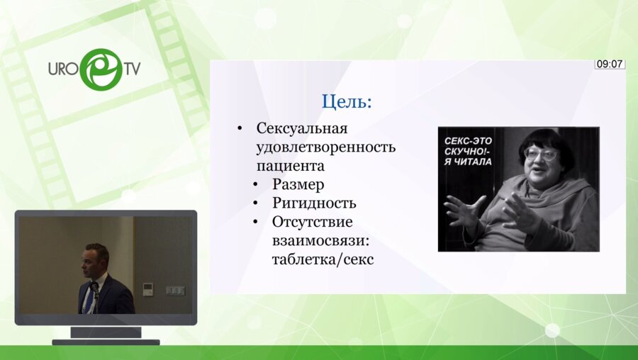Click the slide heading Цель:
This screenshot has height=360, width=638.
click(x=346, y=101)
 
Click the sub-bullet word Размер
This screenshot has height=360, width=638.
click(x=298, y=185)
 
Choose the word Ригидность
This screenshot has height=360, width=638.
click(x=314, y=203)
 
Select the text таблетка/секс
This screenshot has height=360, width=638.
click(x=323, y=259)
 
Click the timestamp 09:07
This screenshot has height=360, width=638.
click(x=610, y=64)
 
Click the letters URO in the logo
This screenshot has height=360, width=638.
click(x=63, y=69)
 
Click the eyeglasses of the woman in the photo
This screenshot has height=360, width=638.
click(x=540, y=152)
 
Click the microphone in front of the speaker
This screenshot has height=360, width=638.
click(x=94, y=288)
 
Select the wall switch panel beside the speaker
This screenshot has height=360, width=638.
click(x=175, y=290)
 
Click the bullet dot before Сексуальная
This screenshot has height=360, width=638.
click(x=241, y=129)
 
